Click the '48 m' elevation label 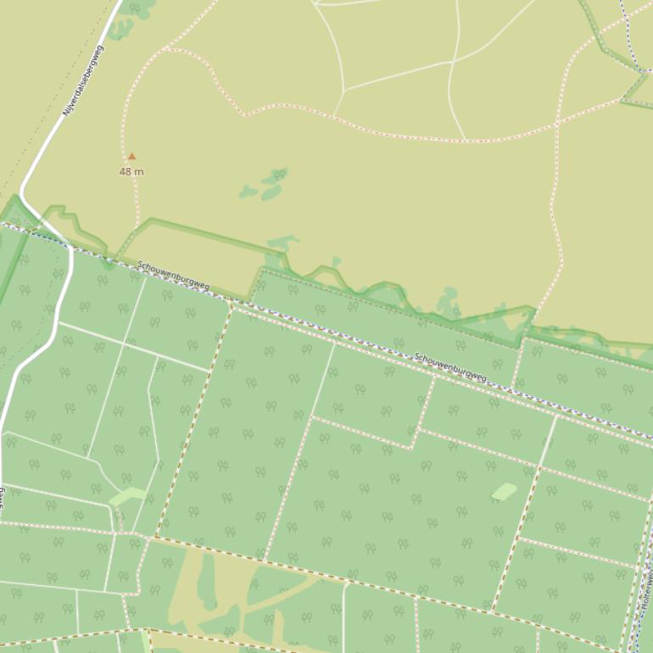[131, 172]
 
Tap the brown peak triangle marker [131, 156]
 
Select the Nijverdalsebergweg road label [82, 81]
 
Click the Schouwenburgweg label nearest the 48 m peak [173, 276]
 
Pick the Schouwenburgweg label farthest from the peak [451, 366]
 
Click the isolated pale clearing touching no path [504, 492]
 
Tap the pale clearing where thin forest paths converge [127, 496]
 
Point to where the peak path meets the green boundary [137, 227]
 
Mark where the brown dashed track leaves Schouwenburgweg [232, 303]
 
